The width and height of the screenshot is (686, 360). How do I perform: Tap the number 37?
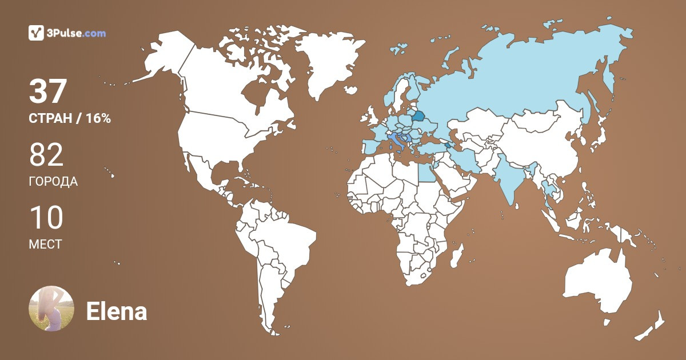(x=49, y=91)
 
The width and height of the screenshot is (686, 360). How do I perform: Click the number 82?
(x=46, y=155)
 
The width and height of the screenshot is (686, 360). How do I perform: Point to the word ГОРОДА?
(x=53, y=182)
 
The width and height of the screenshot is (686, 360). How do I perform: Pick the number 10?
(x=46, y=218)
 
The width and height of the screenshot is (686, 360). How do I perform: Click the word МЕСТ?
(x=45, y=245)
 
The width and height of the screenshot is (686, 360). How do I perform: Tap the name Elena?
(x=116, y=311)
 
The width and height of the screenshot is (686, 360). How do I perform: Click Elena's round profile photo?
(x=51, y=309)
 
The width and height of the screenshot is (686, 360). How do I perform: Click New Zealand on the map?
(x=652, y=329)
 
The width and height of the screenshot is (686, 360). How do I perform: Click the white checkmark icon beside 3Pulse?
(x=36, y=33)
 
